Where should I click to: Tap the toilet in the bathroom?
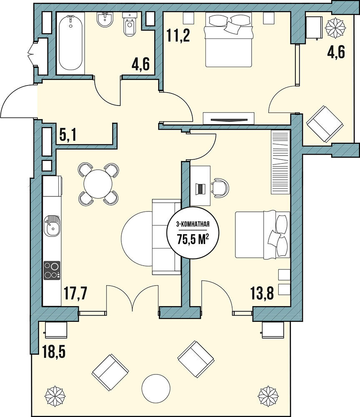point(130,25)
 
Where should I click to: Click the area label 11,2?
point(178,35)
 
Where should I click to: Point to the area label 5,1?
point(68,135)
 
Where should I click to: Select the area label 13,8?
point(262,293)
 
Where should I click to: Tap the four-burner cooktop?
point(52,270)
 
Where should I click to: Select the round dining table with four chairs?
point(98,184)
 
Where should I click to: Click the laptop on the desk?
point(200,188)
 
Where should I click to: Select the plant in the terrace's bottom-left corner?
point(55,396)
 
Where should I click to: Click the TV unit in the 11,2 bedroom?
point(228,118)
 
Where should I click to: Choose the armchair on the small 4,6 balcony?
point(325,124)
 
